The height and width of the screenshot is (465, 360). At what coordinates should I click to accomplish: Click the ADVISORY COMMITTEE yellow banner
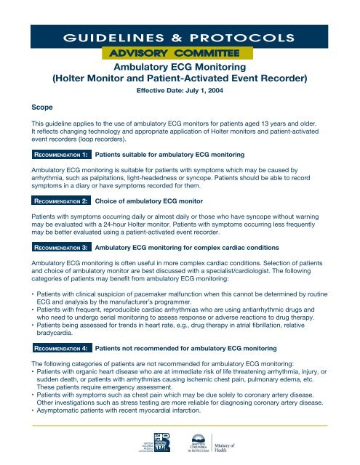click(x=180, y=54)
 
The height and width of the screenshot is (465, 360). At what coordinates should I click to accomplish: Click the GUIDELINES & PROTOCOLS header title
click(x=180, y=37)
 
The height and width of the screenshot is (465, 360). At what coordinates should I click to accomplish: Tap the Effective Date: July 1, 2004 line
click(x=180, y=94)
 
